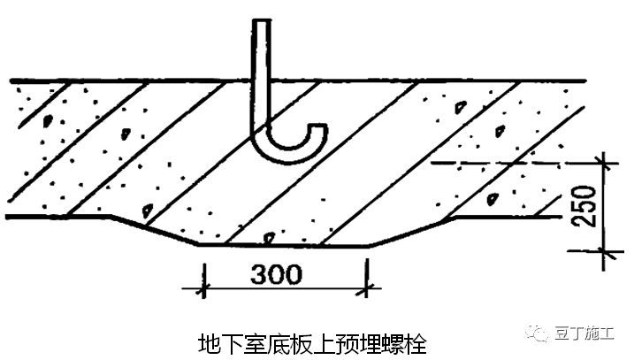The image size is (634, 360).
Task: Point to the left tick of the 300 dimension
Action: pyautogui.click(x=203, y=287)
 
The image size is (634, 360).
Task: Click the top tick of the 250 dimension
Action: pyautogui.click(x=605, y=163)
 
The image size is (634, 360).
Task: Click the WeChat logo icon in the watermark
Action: pyautogui.click(x=538, y=333)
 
